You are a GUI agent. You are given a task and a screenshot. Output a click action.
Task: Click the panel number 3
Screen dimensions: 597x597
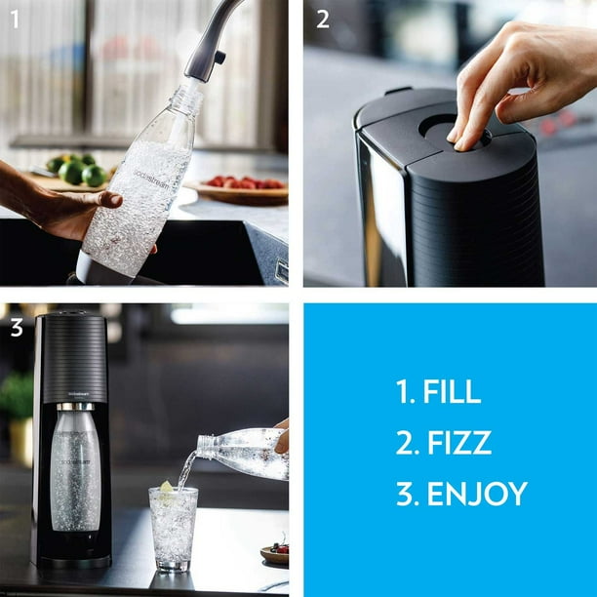coord(16,328)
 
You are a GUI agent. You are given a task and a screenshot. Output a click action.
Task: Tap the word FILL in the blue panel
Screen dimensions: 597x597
coord(451,391)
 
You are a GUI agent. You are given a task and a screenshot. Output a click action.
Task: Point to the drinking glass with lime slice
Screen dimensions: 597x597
coord(173,527)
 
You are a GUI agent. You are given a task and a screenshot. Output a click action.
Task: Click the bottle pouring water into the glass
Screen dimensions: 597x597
coord(244,453)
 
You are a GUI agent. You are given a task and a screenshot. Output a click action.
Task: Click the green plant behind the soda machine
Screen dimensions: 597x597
coord(17,400)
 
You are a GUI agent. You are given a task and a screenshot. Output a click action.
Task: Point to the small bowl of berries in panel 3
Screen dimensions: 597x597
coord(275,553)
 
